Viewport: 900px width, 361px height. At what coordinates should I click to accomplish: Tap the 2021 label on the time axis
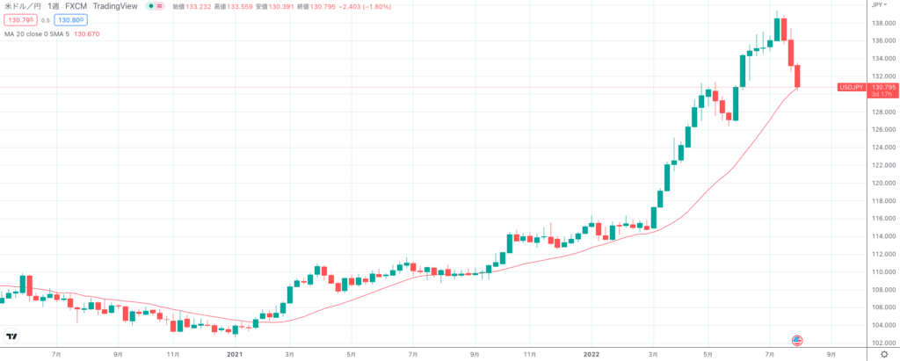235,354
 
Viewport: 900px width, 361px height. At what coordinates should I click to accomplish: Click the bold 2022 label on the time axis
592,354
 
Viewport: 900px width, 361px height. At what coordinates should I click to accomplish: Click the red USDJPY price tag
851,88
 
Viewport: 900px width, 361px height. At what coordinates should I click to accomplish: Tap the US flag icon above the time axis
798,340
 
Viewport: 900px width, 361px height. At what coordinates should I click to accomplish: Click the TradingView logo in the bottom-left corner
12,336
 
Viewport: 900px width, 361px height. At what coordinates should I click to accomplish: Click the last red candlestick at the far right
798,76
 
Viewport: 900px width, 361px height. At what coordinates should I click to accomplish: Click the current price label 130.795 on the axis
882,87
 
